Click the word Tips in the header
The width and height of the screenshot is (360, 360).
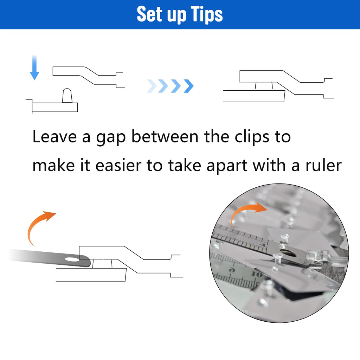click(x=207, y=14)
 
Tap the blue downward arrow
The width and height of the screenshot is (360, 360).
click(x=34, y=67)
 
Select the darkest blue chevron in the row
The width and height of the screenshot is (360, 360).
click(x=189, y=86)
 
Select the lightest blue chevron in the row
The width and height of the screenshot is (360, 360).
click(x=152, y=86)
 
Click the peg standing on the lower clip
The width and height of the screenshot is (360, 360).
click(x=67, y=96)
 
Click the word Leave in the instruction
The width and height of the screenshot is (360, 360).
click(x=54, y=137)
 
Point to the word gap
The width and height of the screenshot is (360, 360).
click(x=111, y=138)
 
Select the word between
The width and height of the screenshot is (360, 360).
click(x=165, y=137)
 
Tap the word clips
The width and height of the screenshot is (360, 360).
click(x=252, y=137)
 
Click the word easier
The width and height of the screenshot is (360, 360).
click(x=118, y=165)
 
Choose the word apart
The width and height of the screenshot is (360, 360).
click(x=227, y=166)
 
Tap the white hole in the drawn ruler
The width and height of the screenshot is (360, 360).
click(x=71, y=260)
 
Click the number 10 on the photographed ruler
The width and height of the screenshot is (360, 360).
click(x=256, y=274)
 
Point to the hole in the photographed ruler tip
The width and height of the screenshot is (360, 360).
click(x=290, y=253)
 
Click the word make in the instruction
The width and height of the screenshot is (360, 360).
click(x=54, y=165)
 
